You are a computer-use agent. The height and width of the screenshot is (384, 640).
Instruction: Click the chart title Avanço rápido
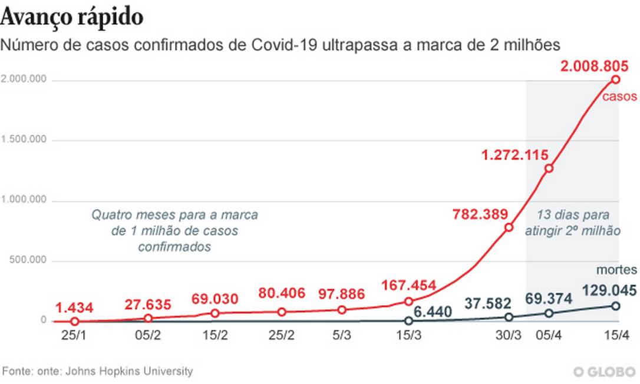pyautogui.click(x=72, y=17)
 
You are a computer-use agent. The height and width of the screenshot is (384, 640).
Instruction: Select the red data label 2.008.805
pyautogui.click(x=599, y=67)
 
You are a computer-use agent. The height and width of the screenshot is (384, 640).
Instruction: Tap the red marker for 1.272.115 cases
pyautogui.click(x=549, y=168)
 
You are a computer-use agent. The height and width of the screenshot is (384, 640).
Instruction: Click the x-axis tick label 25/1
pyautogui.click(x=74, y=337)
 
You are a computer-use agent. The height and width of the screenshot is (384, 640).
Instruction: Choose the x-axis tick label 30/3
pyautogui.click(x=508, y=337)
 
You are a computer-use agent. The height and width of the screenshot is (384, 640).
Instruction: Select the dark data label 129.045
pyautogui.click(x=609, y=290)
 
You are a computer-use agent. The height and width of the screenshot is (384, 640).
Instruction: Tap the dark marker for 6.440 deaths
pyautogui.click(x=408, y=321)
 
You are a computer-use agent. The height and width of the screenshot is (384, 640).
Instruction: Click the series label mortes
pyautogui.click(x=616, y=270)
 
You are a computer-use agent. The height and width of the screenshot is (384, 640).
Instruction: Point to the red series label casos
pyautogui.click(x=619, y=97)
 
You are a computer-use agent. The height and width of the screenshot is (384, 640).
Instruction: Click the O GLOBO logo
pyautogui.click(x=604, y=372)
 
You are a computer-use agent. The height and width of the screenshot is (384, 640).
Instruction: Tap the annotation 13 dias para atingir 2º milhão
pyautogui.click(x=573, y=223)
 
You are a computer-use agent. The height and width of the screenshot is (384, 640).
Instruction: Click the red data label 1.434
pyautogui.click(x=74, y=307)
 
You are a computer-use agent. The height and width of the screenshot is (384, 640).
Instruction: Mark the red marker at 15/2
pyautogui.click(x=216, y=313)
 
